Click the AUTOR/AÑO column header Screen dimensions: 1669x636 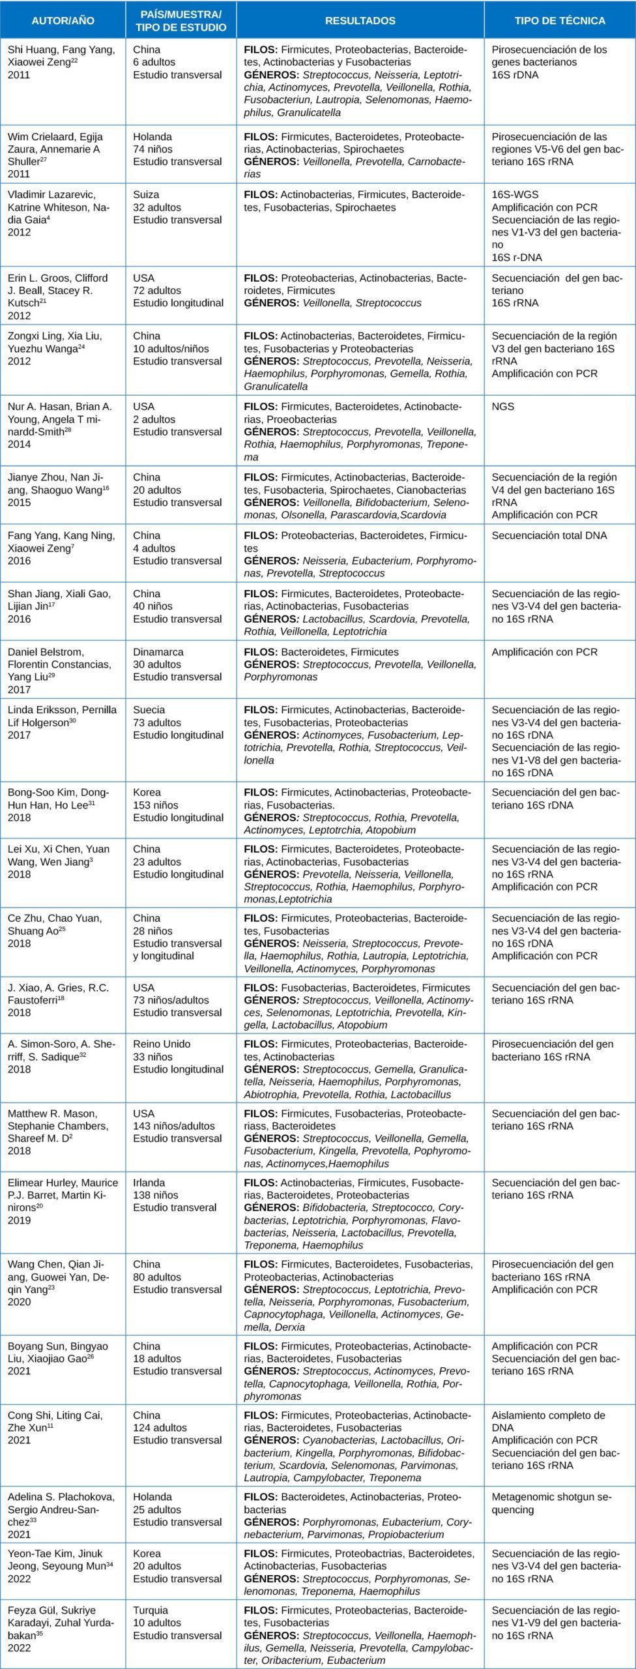coord(63,20)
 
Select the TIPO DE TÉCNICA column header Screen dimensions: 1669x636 coord(560,20)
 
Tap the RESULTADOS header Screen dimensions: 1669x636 coord(360,20)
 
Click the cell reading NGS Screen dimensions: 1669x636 coord(503,407)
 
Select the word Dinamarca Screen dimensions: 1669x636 coord(158,652)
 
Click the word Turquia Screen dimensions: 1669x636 coord(151,1610)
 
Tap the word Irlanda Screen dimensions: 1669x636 coord(149,1183)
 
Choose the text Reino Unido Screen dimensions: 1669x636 coord(162,1044)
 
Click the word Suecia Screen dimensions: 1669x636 coord(149,710)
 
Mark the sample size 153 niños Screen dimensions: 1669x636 coord(156,805)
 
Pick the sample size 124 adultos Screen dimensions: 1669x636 coord(160,1428)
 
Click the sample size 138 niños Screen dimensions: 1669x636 coord(156,1195)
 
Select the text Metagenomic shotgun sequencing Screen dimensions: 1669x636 coord(552,1503)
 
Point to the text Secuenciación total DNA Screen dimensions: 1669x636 coord(549,536)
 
